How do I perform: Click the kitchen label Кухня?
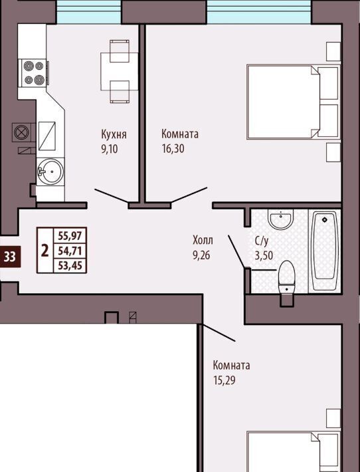[114, 134]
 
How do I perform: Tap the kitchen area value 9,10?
[110, 149]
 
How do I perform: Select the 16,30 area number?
[173, 148]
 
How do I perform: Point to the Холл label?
[203, 240]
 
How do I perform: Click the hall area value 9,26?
[201, 255]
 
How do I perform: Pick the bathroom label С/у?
[261, 241]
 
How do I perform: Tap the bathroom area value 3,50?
[264, 255]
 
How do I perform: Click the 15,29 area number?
[225, 380]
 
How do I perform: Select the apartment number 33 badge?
[10, 257]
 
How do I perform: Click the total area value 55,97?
[70, 235]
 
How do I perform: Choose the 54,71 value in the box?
[70, 251]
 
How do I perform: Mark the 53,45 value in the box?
[70, 265]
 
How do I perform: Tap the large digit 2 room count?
[45, 251]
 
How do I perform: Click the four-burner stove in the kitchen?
[33, 73]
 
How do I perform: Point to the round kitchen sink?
[50, 172]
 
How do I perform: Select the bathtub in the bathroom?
[325, 251]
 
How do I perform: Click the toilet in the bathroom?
[287, 280]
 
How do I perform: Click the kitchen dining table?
[120, 71]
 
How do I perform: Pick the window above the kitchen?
[89, 12]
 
